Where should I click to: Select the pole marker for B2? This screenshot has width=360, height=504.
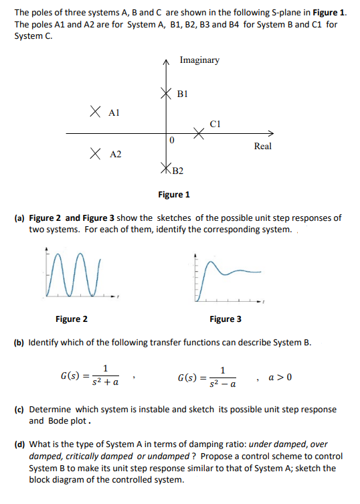click(167, 168)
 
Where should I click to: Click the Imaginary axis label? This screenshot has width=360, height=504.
click(199, 60)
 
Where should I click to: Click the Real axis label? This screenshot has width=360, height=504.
click(263, 146)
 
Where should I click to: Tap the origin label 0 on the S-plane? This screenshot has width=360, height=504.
click(172, 141)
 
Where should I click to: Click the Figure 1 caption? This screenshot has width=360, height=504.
click(174, 195)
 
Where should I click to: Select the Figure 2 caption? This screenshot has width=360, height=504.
click(72, 319)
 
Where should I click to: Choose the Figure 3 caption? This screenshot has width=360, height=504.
click(226, 319)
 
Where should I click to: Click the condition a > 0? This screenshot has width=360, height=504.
click(280, 376)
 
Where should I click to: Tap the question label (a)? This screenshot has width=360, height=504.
click(20, 218)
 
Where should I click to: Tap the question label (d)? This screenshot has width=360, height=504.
click(20, 444)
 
